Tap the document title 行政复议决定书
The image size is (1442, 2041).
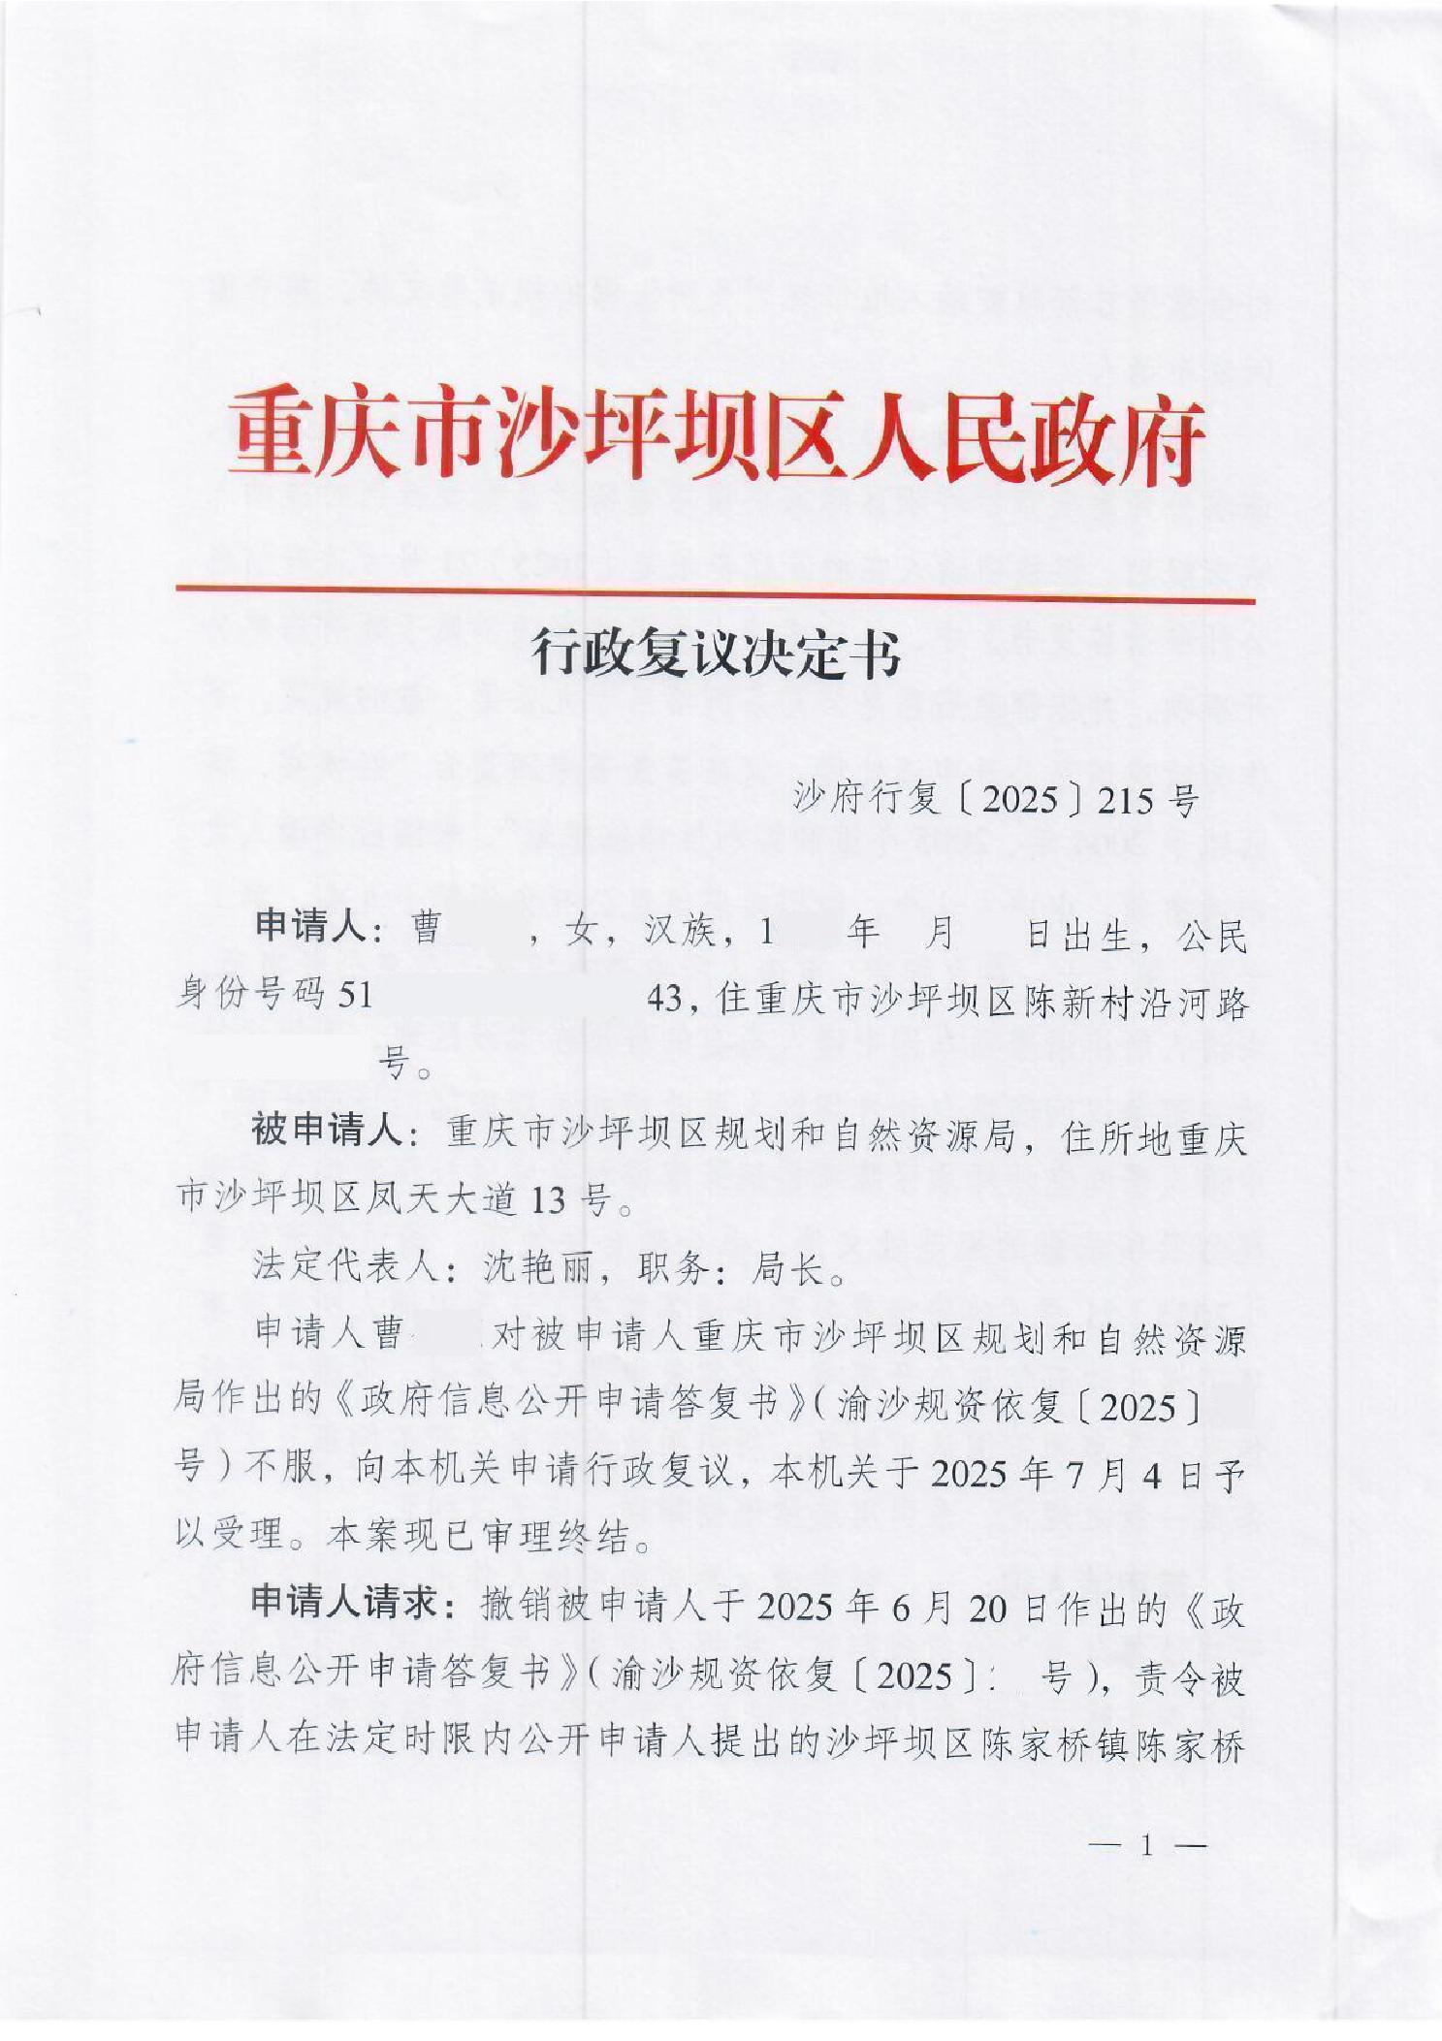pos(717,656)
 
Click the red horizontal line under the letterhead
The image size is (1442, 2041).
pos(715,592)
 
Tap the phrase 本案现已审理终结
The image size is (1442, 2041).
pos(479,1537)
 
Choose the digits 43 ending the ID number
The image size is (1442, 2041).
pos(666,996)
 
